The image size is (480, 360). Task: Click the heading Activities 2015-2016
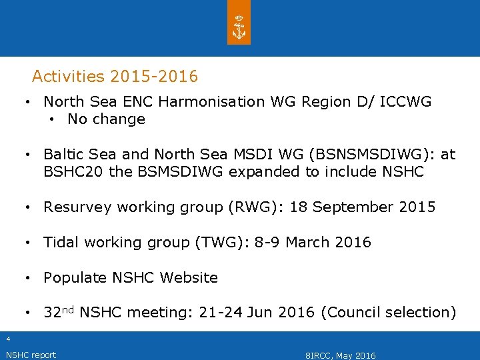(115, 77)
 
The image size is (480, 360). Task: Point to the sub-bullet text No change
(106, 119)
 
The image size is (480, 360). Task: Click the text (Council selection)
(389, 313)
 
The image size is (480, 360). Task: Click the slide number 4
(8, 339)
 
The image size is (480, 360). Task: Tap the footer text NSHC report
(31, 355)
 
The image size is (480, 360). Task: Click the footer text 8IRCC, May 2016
(340, 355)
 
